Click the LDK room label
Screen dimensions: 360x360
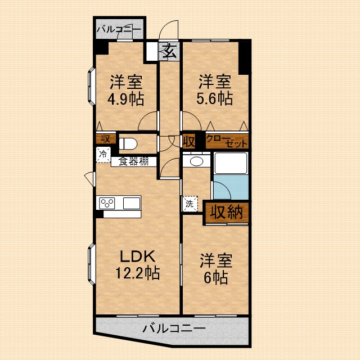[137, 256]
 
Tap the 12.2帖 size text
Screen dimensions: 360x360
[137, 273]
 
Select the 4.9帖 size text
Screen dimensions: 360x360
[125, 99]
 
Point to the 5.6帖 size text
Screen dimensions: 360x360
[214, 98]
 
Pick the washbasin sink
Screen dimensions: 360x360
[196, 161]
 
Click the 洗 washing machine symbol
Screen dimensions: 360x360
[190, 204]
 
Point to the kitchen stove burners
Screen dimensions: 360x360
[107, 202]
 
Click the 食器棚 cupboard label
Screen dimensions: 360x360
[133, 161]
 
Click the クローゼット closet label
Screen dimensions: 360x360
[227, 141]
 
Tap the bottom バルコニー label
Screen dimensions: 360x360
[174, 327]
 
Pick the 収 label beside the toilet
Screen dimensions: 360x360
[105, 138]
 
